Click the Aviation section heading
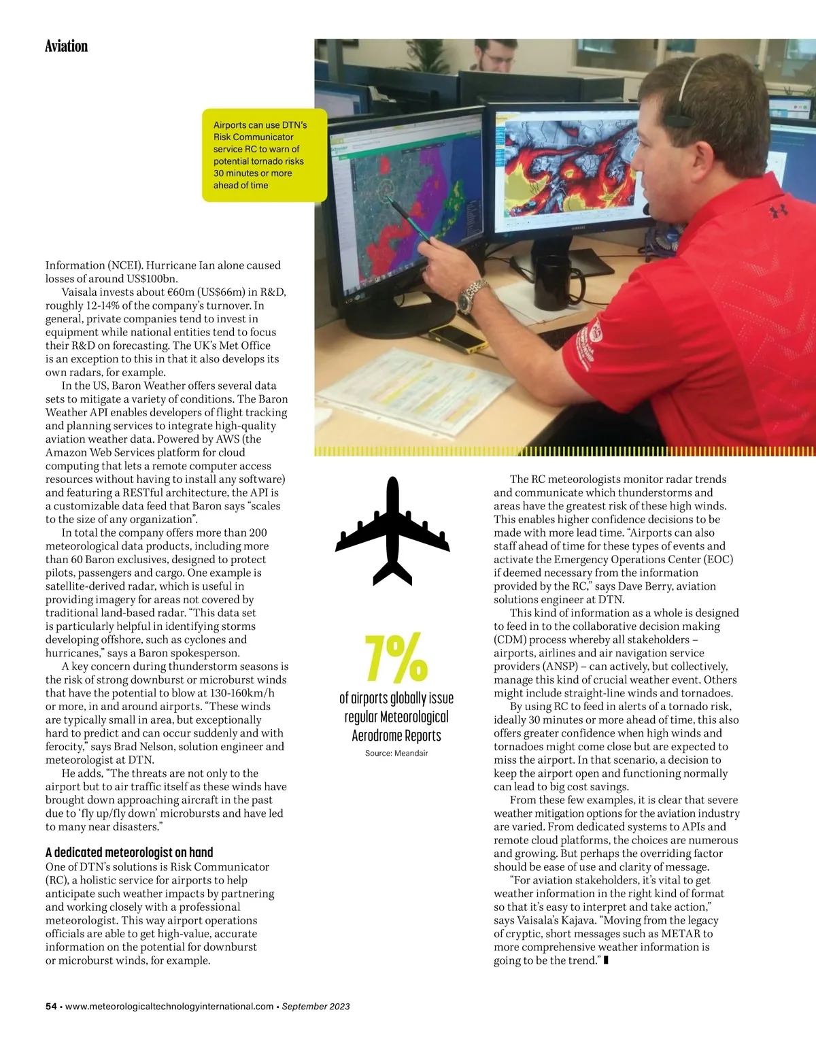(x=66, y=46)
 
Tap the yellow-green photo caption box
(x=264, y=155)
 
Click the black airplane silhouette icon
(x=392, y=531)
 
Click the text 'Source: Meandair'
(x=396, y=753)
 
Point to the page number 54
(x=51, y=1007)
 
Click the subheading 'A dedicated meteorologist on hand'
(x=129, y=852)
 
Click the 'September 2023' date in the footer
(x=316, y=1007)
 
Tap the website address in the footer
(x=169, y=1007)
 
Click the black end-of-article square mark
(x=606, y=960)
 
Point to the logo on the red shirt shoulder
(x=778, y=212)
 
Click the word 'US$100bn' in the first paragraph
(x=152, y=279)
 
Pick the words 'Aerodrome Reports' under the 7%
(x=396, y=736)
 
